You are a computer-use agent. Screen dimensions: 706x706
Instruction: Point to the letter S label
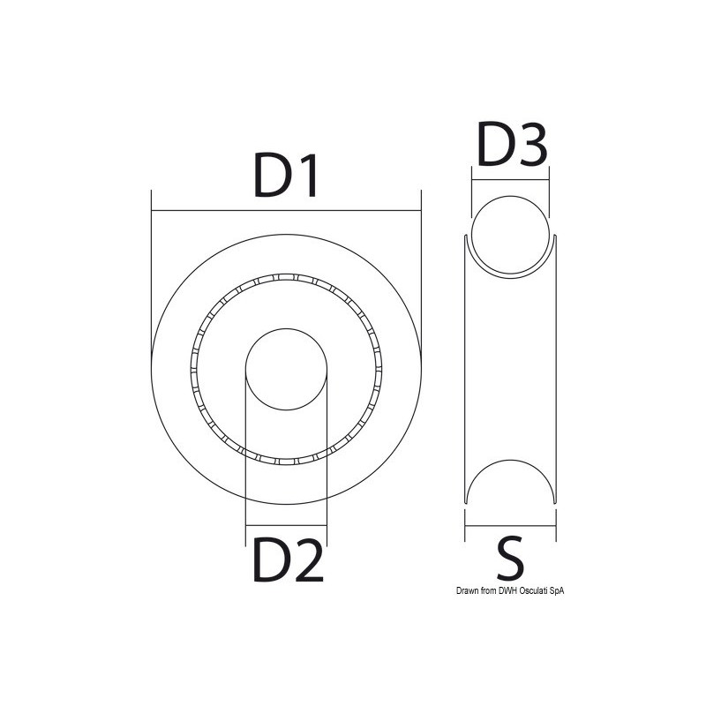[x=511, y=560]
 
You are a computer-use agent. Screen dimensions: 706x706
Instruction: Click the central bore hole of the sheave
[x=285, y=370]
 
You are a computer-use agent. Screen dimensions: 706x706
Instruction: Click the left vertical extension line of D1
[x=152, y=282]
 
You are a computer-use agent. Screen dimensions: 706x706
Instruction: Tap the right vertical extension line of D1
[x=419, y=282]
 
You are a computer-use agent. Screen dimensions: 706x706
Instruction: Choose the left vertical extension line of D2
[x=244, y=459]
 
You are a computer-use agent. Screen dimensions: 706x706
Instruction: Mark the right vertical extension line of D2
[x=327, y=459]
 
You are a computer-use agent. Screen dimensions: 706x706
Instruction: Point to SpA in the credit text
[x=555, y=592]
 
